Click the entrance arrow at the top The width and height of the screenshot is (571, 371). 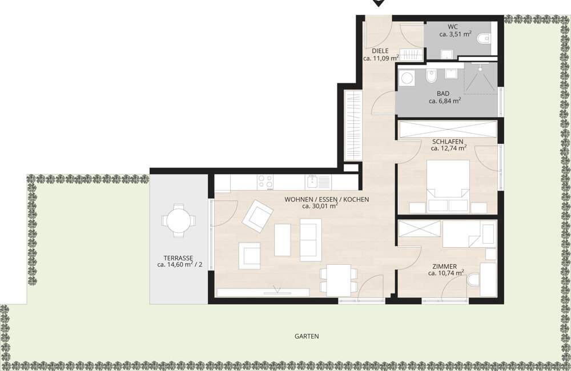(x=378, y=3)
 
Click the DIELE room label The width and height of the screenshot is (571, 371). (x=380, y=51)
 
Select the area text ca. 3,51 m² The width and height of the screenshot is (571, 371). (x=455, y=34)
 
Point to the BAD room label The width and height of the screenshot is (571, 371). (x=443, y=94)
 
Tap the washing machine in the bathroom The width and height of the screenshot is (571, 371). (x=408, y=79)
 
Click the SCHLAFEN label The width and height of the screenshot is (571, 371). (x=447, y=142)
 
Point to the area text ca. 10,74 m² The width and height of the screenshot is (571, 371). (x=446, y=273)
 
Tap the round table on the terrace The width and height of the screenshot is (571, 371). (x=178, y=220)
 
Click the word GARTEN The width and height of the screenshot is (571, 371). (x=307, y=337)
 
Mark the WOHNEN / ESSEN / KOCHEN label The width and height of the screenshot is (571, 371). (x=327, y=199)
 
